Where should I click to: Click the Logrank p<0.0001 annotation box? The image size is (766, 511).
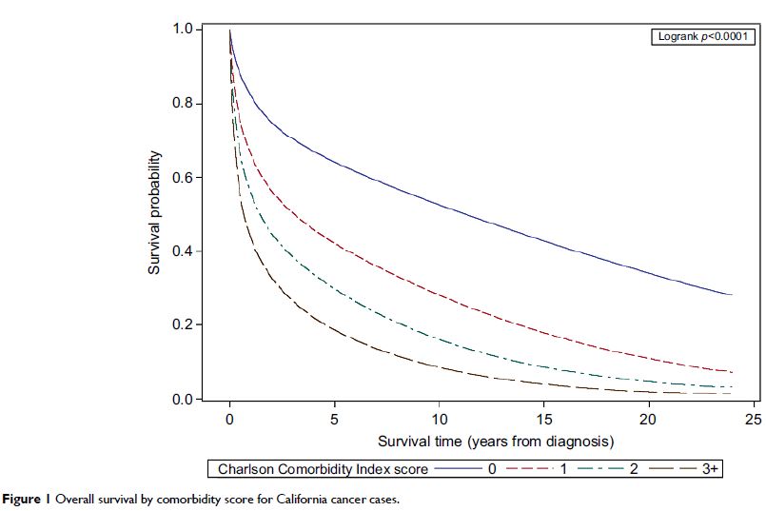coord(705,37)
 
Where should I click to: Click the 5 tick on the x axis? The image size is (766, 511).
coord(334,420)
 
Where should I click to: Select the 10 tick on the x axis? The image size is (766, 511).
coord(439,420)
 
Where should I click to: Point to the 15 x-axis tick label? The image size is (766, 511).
coord(543,420)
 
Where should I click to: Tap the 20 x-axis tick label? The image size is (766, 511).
coord(648,420)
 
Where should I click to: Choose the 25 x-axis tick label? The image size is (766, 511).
coord(753,420)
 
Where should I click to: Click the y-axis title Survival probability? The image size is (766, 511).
coord(154,214)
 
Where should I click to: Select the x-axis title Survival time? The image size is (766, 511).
coord(496,442)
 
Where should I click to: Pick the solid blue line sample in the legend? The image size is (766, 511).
coord(457,469)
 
